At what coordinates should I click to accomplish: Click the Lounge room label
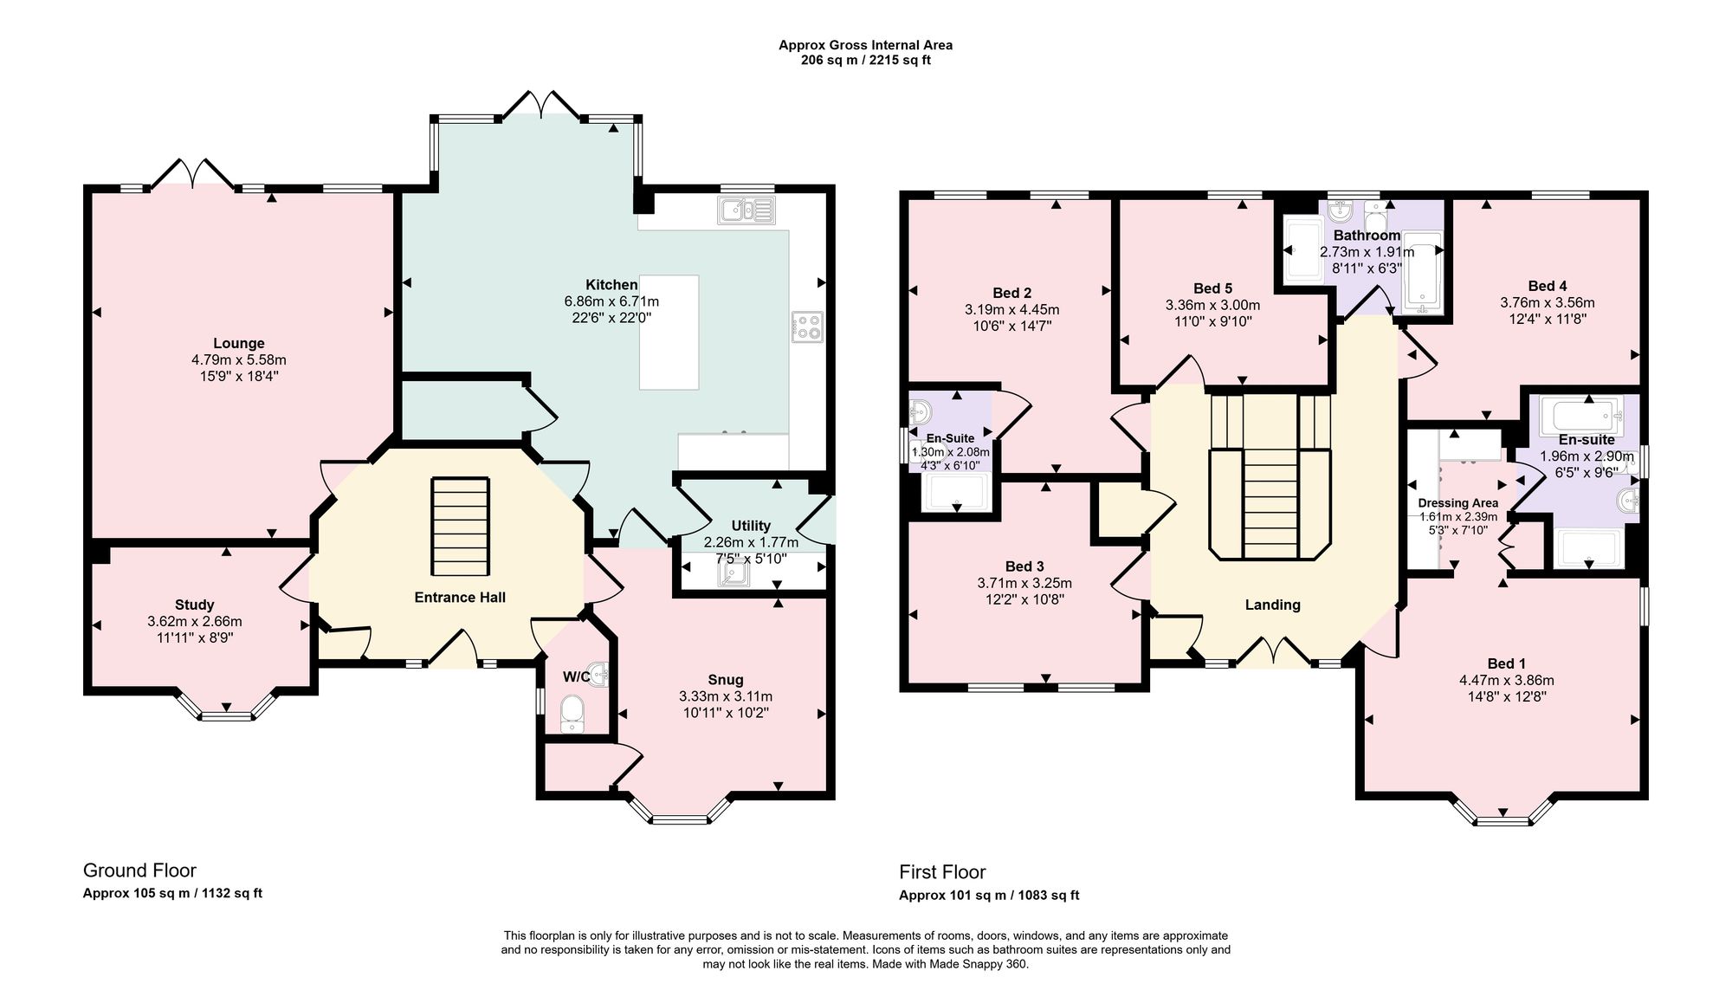click(239, 344)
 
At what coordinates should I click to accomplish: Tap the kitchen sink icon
click(746, 210)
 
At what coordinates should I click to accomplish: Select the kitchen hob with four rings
click(806, 327)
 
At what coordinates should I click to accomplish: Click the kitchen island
click(669, 332)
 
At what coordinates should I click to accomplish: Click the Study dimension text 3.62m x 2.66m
click(195, 622)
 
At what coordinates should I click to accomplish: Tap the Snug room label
click(725, 680)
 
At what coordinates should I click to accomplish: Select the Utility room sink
click(732, 568)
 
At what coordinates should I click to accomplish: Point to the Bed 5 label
click(1212, 288)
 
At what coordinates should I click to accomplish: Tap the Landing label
click(1272, 605)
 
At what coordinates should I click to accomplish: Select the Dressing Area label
click(1457, 503)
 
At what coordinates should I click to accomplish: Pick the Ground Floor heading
click(139, 870)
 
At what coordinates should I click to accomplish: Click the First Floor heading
click(942, 872)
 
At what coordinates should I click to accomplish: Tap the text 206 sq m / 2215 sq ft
click(866, 61)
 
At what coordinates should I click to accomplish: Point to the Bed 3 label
click(1024, 567)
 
